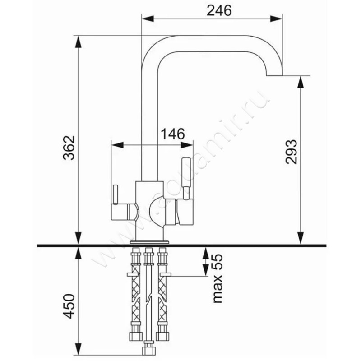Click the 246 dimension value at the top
point(219,10)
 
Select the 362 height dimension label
point(69,148)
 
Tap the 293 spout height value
point(291,152)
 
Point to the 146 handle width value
point(173,134)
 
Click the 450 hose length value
point(69,306)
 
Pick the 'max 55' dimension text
point(217,278)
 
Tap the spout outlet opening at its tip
point(274,75)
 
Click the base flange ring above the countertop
point(149,242)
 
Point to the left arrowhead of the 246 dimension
point(148,19)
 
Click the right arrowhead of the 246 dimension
point(276,19)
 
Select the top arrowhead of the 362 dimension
point(79,42)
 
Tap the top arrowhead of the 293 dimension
point(301,82)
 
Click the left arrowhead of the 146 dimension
point(117,145)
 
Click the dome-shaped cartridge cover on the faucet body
point(157,209)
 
